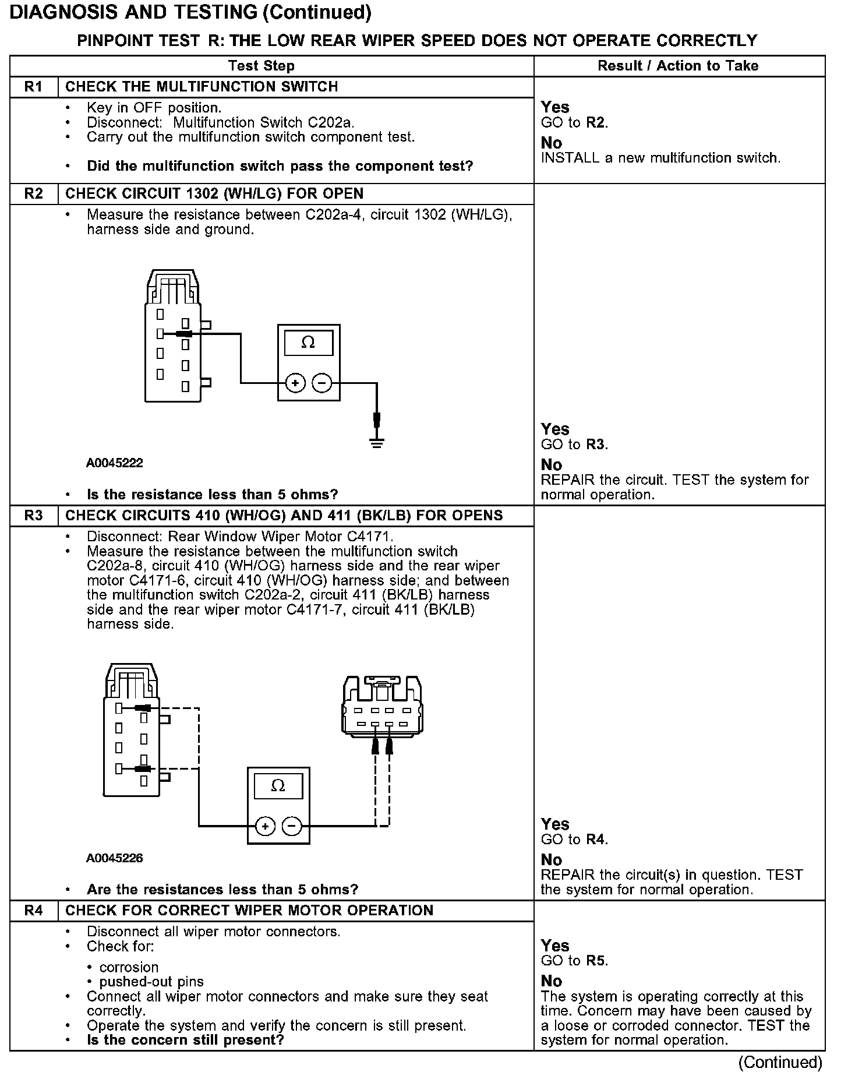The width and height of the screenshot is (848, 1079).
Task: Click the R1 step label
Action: point(34,87)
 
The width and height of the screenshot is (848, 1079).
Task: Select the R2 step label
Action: point(34,193)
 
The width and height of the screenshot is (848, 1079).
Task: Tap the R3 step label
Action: point(34,516)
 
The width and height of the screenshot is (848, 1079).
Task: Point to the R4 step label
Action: point(34,911)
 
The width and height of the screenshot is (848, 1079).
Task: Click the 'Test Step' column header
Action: point(261,66)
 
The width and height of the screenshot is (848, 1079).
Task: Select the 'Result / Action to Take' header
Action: point(678,66)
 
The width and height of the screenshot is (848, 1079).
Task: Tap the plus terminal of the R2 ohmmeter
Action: point(295,383)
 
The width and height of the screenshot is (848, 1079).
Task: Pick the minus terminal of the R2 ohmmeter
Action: point(321,383)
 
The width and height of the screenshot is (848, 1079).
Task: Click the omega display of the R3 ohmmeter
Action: point(278,786)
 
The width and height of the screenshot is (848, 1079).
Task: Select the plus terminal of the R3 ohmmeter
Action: point(265,826)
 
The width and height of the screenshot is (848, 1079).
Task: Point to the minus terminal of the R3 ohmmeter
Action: point(292,826)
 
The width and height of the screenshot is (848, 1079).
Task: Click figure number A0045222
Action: point(115,463)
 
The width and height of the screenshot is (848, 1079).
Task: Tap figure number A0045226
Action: point(115,858)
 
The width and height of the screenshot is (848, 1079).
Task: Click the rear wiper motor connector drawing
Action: point(382,706)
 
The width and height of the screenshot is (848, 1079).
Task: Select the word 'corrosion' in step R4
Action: point(129,967)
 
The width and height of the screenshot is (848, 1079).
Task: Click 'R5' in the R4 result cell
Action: point(596,961)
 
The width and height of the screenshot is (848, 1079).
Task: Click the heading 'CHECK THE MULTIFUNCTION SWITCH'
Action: point(202,87)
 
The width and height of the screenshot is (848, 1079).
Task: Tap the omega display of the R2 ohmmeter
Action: point(308,343)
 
